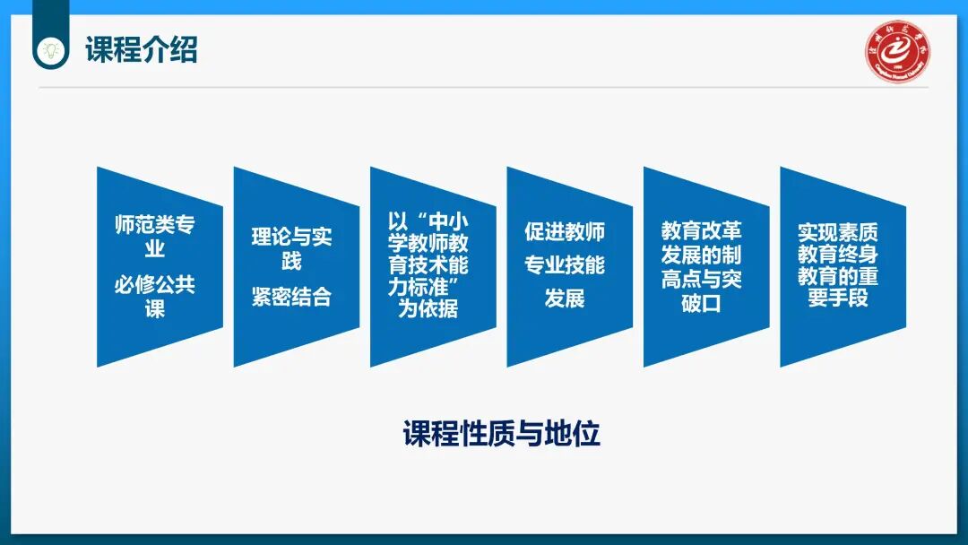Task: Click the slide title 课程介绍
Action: coord(141,49)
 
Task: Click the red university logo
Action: coord(898,50)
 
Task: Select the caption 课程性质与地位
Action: coord(501,435)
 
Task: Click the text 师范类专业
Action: coord(155,236)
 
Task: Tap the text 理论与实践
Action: coord(291,249)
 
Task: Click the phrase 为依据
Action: coord(428,309)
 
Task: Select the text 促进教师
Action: coord(565,232)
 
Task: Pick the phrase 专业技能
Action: coord(565,265)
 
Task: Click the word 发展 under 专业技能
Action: coord(565,298)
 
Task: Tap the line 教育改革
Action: coord(701,232)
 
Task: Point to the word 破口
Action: coord(701,303)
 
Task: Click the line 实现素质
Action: coord(837,232)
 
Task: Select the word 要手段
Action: coord(837,298)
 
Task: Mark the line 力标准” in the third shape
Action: coord(428,287)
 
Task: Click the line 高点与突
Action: coord(701,280)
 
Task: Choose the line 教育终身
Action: coord(837,255)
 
